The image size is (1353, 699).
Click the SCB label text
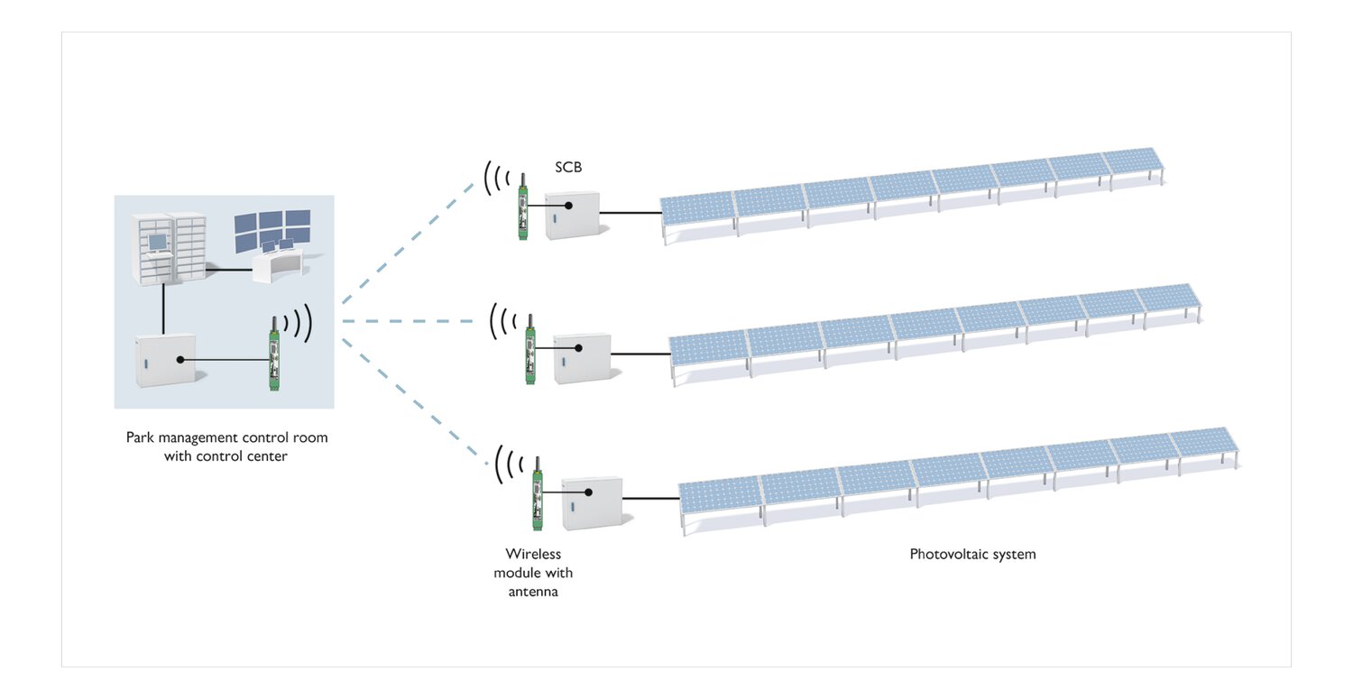568,168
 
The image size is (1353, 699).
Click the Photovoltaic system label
972,554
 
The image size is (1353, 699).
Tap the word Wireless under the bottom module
533,554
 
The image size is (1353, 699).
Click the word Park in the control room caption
140,437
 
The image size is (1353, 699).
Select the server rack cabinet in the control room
170,248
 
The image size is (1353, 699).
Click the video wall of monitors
272,231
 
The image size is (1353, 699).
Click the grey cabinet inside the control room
165,361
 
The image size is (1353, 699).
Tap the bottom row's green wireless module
537,494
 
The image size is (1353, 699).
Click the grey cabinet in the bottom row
593,503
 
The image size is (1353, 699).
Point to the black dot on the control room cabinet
180,360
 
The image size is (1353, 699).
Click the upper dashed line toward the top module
409,242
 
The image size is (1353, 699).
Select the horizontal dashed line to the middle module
409,321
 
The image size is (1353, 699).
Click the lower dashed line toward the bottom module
415,401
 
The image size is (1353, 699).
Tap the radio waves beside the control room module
299,322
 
